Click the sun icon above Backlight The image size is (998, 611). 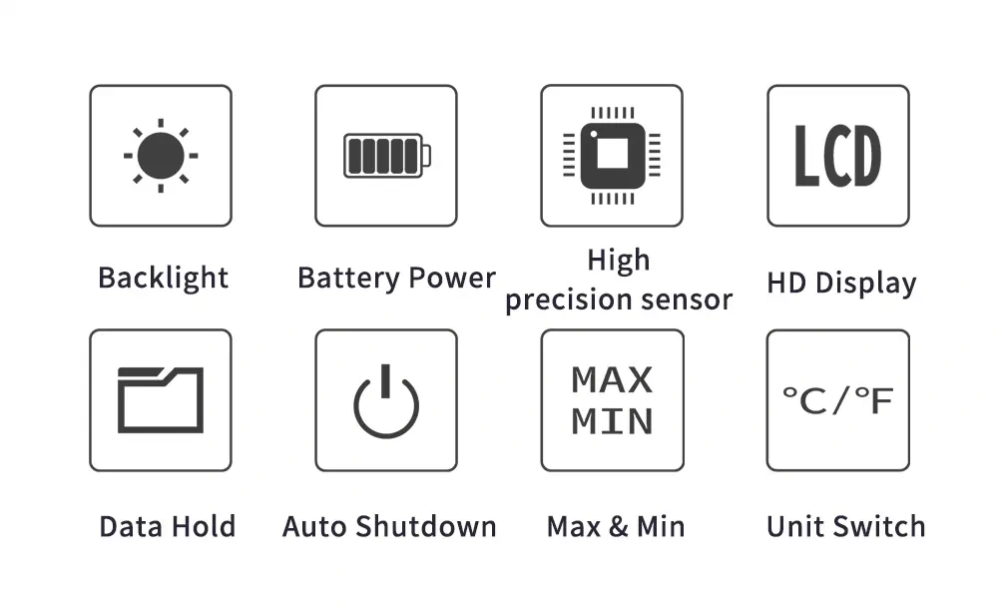tap(160, 156)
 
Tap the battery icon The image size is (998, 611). tap(386, 156)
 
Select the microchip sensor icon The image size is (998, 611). tap(612, 156)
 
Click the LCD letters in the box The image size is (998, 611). tap(837, 156)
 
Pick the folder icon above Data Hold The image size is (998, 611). tap(160, 399)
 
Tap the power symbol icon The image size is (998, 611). tap(386, 401)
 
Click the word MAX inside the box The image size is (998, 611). tap(612, 380)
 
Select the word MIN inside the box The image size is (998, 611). tap(612, 420)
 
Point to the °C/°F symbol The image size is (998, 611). tap(837, 400)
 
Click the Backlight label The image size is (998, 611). tap(163, 278)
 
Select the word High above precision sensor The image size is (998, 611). tap(619, 262)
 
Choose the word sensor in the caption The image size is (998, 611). tap(687, 300)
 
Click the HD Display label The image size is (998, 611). tap(841, 283)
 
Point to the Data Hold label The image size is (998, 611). tap(167, 526)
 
